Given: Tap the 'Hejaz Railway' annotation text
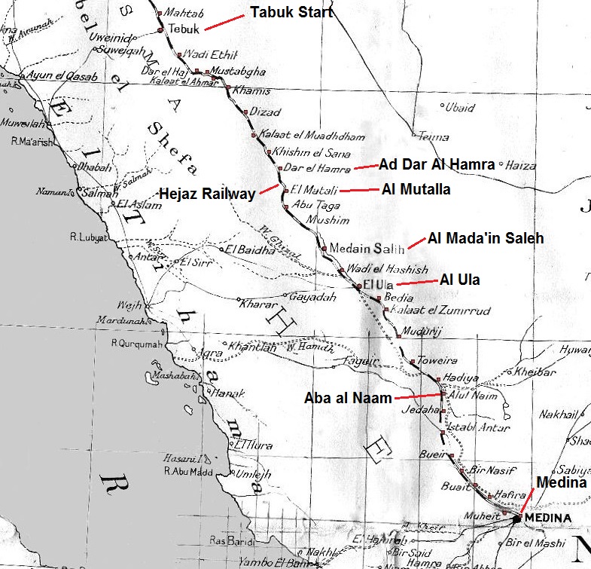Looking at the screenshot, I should (x=206, y=194).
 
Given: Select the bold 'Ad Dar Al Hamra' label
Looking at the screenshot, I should (x=436, y=164).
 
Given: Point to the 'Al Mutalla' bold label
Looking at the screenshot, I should (x=416, y=189).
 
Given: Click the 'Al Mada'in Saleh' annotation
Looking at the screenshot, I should (x=486, y=239).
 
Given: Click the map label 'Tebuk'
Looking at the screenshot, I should (x=184, y=29).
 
